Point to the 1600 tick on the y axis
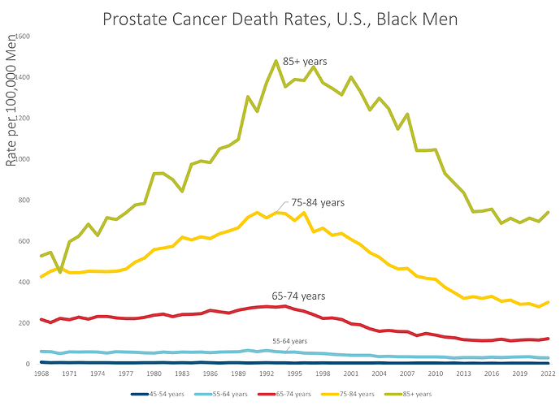pos(23,37)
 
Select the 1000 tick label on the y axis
pos(23,159)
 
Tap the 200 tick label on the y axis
pos(25,323)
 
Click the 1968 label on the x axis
pos(41,374)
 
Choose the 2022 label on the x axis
pos(546,374)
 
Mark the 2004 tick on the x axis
pos(378,374)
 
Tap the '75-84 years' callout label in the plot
pos(318,202)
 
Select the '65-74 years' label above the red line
pos(297,296)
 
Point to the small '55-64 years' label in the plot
pos(289,342)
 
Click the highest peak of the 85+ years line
pos(276,61)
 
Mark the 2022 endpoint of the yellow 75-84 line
pos(547,302)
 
